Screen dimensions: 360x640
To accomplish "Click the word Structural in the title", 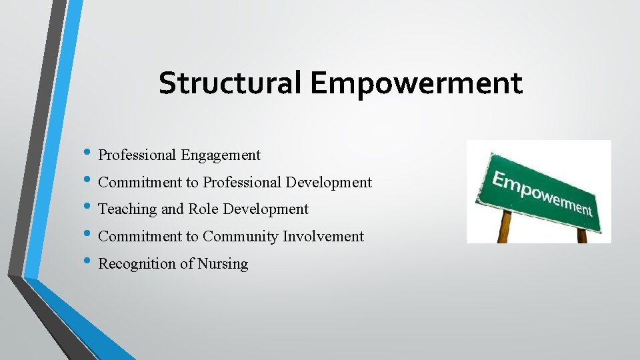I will click(231, 83).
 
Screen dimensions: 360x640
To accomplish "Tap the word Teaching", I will click(128, 209).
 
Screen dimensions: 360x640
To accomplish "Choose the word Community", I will click(241, 236).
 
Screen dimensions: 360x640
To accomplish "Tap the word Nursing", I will click(223, 264).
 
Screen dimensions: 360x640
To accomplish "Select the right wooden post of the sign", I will click(581, 235).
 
